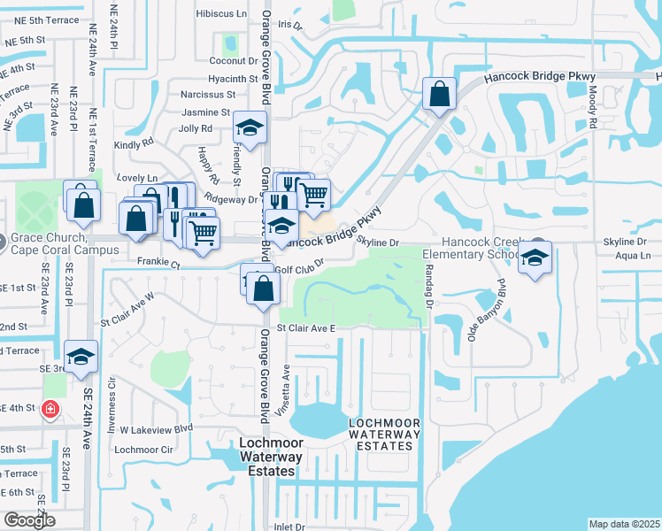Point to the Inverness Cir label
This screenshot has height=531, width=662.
pos(112,400)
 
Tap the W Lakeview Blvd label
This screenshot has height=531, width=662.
pos(157,428)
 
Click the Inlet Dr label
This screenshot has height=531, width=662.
pos(289,527)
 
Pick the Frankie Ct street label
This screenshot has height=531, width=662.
pos(158,263)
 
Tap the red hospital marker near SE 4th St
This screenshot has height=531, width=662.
pos(50,410)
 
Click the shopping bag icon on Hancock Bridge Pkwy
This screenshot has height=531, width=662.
pos(439,93)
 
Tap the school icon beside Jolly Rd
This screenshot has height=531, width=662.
pos(250,129)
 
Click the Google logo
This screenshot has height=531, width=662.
pos(29,520)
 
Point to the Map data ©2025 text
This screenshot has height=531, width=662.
pos(623,524)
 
